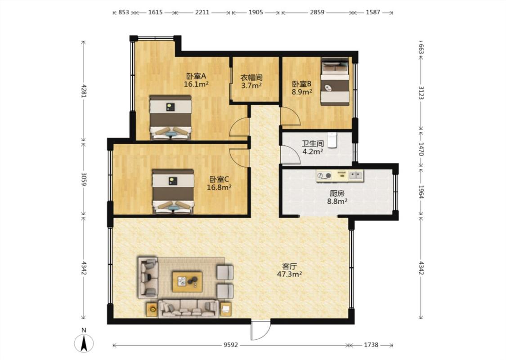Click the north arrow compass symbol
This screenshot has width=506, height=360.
click(84, 343)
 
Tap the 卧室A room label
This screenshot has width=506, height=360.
click(196, 76)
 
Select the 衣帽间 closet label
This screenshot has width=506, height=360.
click(251, 78)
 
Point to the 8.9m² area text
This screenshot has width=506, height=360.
click(302, 92)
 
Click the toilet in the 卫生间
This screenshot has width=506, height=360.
click(332, 139)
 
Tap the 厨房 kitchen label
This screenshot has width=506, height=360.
click(337, 193)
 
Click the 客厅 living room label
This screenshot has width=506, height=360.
click(290, 266)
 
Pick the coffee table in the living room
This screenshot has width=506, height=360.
click(187, 282)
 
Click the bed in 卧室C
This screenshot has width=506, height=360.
click(173, 191)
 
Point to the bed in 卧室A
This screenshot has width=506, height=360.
click(170, 117)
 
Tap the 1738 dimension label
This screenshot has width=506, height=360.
click(371, 345)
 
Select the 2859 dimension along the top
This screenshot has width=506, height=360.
click(317, 12)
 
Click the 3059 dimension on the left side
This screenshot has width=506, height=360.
click(84, 179)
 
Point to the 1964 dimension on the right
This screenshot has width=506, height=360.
click(421, 192)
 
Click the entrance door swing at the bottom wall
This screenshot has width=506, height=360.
click(260, 330)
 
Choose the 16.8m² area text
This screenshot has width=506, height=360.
click(219, 187)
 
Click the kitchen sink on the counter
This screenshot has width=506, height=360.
click(355, 175)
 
